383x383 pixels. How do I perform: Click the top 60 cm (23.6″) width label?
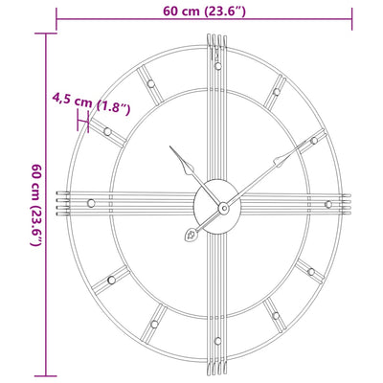tap(204, 12)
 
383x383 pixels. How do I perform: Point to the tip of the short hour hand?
tap(172, 148)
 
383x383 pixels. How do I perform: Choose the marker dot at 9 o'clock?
tap(90, 203)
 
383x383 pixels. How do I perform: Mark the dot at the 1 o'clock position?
tap(276, 92)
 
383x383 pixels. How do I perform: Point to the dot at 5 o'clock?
tap(275, 314)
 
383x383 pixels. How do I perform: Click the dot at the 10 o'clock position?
tap(107, 129)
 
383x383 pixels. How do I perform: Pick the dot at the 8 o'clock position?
tap(110, 279)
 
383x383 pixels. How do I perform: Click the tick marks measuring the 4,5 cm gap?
tap(87, 121)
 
